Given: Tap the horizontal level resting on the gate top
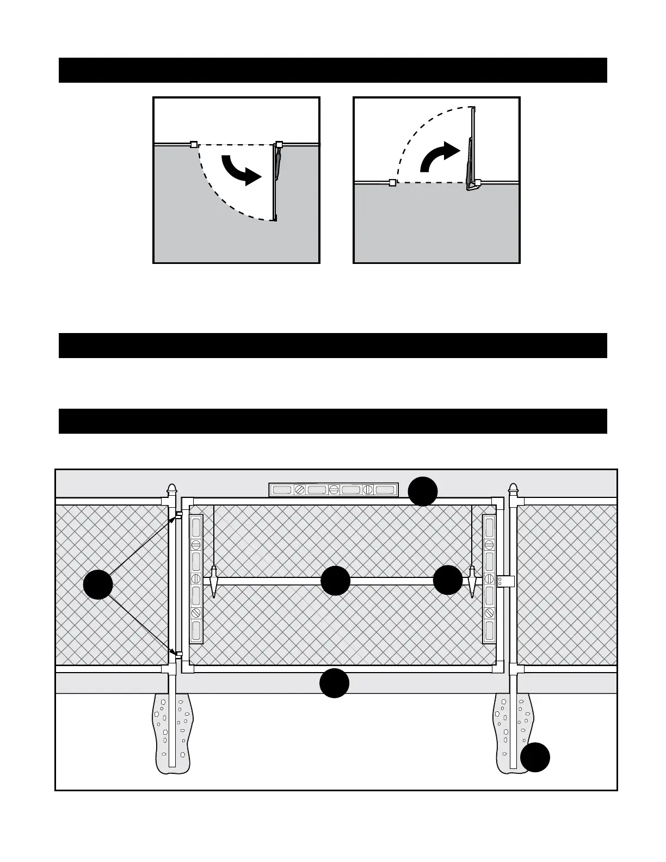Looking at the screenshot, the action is (x=334, y=490).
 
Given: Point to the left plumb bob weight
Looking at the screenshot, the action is (x=214, y=582).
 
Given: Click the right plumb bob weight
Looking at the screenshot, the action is (x=472, y=582).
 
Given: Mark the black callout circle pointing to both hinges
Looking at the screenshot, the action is (x=98, y=584).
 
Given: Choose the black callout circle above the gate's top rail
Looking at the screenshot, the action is (x=423, y=491).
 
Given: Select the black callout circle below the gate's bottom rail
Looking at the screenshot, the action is (x=334, y=683).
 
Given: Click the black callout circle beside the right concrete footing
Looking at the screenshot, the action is (x=535, y=757).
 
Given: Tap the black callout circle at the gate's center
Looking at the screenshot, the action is (x=335, y=581).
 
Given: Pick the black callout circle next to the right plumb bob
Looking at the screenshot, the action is (x=448, y=580).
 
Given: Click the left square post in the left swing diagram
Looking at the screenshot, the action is (x=193, y=145).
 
